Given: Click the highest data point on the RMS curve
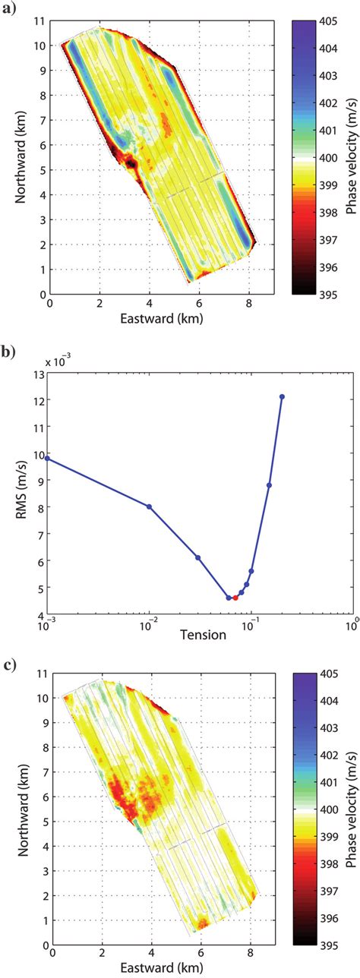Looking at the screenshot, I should click(282, 396).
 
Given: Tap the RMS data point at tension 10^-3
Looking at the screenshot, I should click(48, 458).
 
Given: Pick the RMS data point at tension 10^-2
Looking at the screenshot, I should click(149, 506).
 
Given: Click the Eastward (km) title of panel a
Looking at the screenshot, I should click(150, 320).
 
